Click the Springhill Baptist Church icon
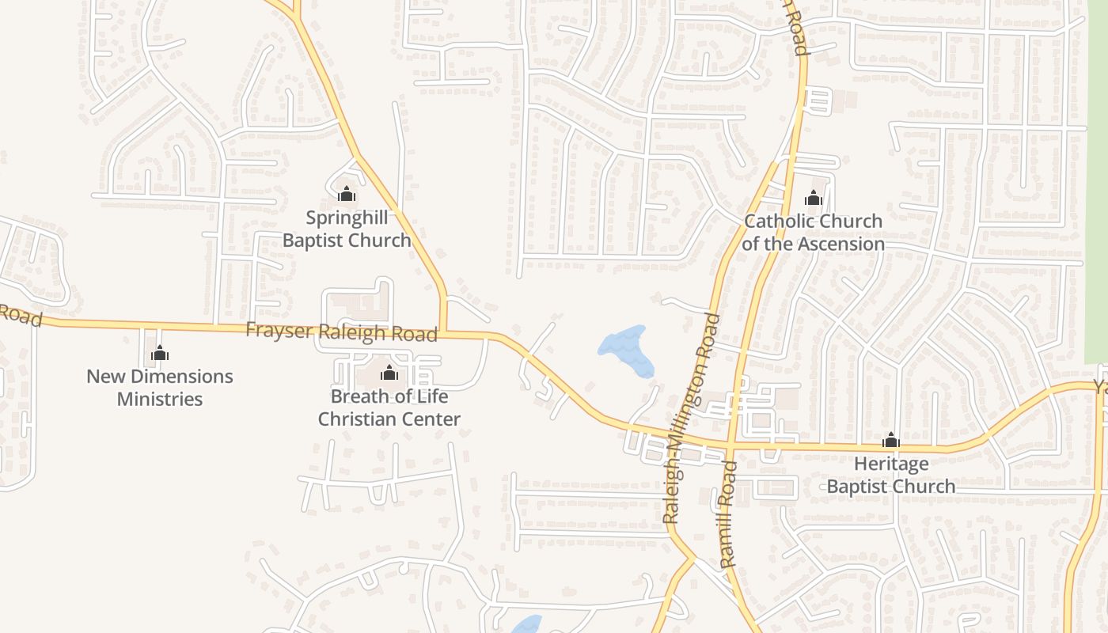[347, 194]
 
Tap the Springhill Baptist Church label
[347, 229]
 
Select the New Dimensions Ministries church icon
[160, 353]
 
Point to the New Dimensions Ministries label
[160, 388]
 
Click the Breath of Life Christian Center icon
[389, 373]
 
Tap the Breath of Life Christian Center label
[389, 407]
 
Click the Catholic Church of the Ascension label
[814, 233]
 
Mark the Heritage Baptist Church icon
[891, 440]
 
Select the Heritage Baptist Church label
[891, 475]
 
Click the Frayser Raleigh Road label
[341, 332]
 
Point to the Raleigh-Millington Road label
[692, 418]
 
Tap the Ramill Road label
[729, 514]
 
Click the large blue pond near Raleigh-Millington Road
[627, 349]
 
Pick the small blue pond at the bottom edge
[527, 625]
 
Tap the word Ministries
[160, 399]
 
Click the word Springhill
[347, 218]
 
